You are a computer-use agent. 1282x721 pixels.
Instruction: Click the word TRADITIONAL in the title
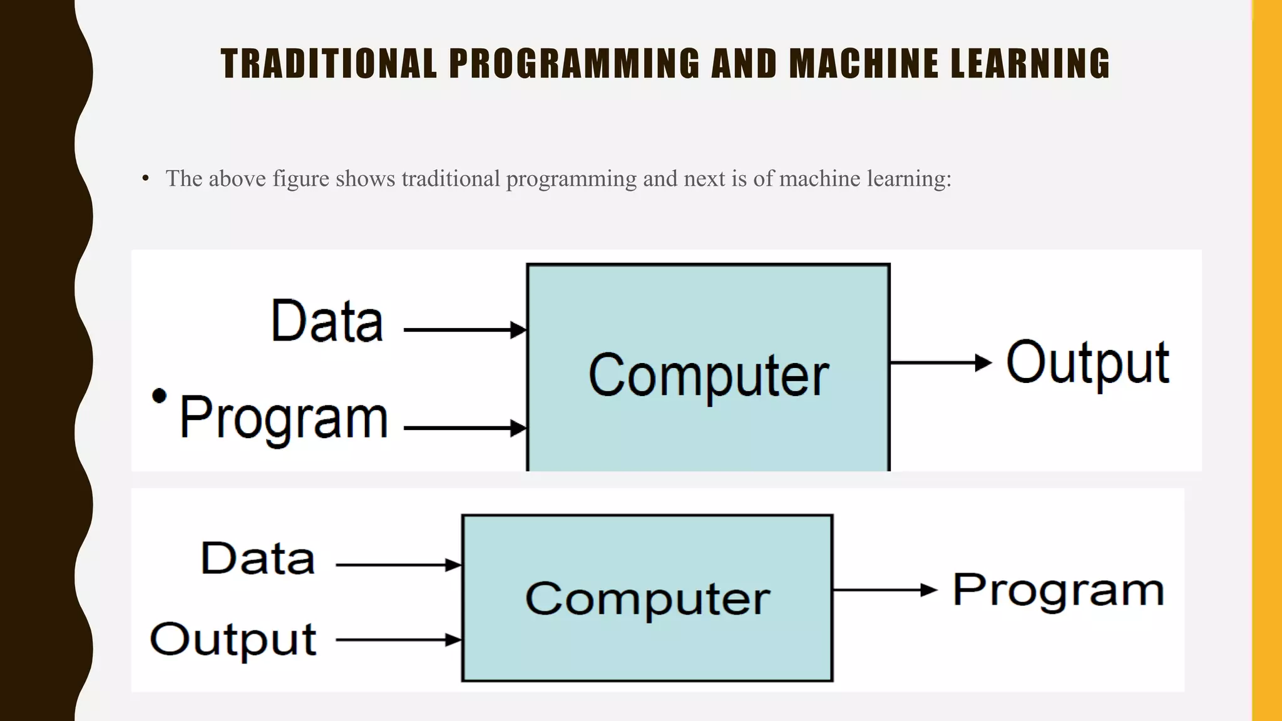click(329, 64)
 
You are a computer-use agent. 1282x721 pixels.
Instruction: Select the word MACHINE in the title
click(864, 64)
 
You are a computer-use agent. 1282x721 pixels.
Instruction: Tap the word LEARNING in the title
click(1030, 64)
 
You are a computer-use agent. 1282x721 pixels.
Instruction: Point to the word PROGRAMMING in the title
click(574, 64)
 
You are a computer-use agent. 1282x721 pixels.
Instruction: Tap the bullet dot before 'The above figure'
click(146, 179)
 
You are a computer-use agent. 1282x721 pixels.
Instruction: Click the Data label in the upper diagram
click(327, 321)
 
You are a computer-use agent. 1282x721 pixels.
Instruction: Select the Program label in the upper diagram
click(284, 418)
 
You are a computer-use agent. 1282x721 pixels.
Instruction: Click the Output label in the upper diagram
click(1088, 363)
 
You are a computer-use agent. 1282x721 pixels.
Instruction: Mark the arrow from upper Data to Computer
click(465, 330)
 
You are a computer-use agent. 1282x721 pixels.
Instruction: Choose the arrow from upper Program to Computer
click(465, 429)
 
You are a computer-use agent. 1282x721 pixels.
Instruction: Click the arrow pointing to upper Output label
click(941, 362)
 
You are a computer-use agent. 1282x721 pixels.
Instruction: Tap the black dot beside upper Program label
click(160, 396)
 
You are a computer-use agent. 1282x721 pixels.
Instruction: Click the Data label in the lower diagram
click(257, 558)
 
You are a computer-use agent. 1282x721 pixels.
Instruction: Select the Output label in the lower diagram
click(233, 640)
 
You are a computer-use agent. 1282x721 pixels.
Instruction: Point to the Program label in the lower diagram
click(1058, 590)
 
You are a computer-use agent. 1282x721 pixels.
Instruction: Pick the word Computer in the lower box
click(647, 599)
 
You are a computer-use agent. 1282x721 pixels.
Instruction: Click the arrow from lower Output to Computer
click(399, 640)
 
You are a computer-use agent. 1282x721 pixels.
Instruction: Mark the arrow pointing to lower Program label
click(885, 590)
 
